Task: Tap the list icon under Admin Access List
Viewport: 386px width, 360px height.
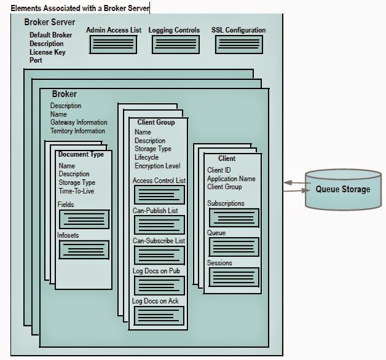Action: pos(113,44)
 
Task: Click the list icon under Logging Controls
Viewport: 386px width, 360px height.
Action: pos(175,44)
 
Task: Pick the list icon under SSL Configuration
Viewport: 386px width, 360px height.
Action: pos(238,44)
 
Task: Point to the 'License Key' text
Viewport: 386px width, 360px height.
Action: pos(47,52)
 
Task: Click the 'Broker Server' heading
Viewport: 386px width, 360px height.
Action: pos(49,23)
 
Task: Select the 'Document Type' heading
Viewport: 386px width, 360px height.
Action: pos(81,155)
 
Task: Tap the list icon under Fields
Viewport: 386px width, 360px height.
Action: pos(84,219)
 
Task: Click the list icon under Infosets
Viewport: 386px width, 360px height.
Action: pos(84,249)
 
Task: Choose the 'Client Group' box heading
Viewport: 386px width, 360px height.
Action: pos(156,122)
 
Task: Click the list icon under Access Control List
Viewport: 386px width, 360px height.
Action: pos(159,195)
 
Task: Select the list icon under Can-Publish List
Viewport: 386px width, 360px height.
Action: pos(159,224)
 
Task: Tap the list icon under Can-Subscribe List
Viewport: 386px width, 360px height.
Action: pos(159,254)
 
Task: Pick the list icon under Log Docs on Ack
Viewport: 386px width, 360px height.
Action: pos(159,315)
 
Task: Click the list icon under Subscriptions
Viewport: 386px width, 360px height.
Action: pos(234,217)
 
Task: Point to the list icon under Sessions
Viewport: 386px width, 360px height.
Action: pos(234,277)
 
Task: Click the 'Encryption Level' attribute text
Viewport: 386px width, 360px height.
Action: pos(157,166)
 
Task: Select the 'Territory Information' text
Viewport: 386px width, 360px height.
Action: pos(77,131)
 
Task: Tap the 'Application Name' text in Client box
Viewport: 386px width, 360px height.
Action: pos(231,179)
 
